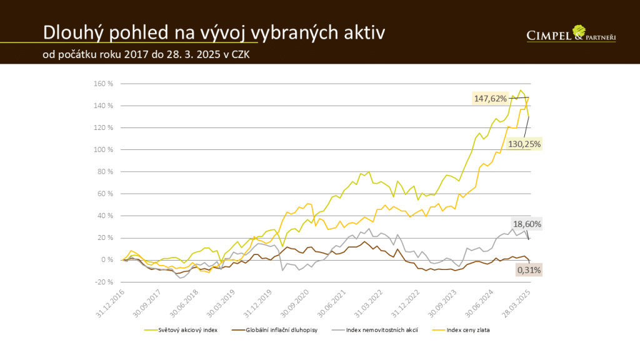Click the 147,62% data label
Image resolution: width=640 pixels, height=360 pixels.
tap(491, 98)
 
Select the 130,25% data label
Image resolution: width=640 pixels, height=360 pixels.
tap(524, 144)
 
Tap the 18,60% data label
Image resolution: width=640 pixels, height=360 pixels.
tap(526, 224)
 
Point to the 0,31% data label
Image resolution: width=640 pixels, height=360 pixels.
tap(529, 270)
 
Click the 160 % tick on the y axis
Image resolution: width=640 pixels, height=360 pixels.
tap(103, 84)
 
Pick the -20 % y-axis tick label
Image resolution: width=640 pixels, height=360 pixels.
tap(103, 282)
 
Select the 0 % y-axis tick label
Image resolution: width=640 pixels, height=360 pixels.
tap(107, 260)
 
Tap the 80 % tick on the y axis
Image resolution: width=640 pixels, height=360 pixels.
tap(104, 172)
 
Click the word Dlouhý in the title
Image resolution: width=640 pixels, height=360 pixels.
tap(69, 32)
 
